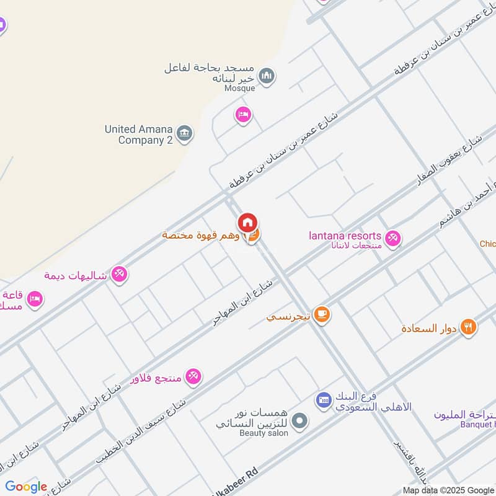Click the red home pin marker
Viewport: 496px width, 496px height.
tap(247, 223)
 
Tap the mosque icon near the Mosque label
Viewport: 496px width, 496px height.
tap(267, 76)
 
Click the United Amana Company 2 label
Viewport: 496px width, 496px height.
tap(138, 135)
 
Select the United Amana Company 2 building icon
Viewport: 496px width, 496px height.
tap(184, 133)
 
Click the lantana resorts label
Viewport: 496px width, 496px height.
tap(345, 236)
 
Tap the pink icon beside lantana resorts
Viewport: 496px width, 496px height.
tap(392, 237)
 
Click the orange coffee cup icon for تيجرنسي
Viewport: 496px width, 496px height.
tap(321, 315)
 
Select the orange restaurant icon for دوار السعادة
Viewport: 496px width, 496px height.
tap(468, 327)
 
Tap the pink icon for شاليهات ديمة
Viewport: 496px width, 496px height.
tap(119, 274)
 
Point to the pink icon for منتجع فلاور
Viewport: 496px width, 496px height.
tap(193, 376)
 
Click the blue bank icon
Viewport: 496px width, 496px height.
tap(323, 400)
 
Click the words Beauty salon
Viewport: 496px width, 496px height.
tap(263, 433)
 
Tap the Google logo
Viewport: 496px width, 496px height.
tap(26, 487)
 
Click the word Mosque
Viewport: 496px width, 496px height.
tap(239, 88)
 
